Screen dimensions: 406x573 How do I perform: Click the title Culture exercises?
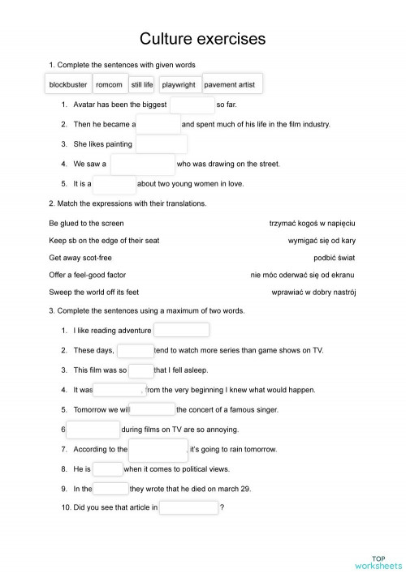[x=202, y=38]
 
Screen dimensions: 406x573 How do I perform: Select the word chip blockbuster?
[x=67, y=84]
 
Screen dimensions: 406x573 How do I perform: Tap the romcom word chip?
[x=109, y=84]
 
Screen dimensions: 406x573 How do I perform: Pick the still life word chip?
[x=142, y=84]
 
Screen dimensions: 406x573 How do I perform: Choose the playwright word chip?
[x=179, y=84]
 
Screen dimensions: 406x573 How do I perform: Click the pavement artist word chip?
[x=233, y=84]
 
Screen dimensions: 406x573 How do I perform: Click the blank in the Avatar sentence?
[x=192, y=105]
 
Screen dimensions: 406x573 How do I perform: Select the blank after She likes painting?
[x=162, y=144]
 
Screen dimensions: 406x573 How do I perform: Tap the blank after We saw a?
[x=142, y=165]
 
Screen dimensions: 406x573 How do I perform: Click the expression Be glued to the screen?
[x=86, y=222]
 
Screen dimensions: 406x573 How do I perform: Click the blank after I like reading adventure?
[x=181, y=330]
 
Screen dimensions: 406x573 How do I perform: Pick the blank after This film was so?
[x=141, y=370]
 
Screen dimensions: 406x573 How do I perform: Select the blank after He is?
[x=108, y=469]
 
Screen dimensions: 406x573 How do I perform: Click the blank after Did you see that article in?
[x=189, y=508]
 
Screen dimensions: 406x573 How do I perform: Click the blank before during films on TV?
[x=93, y=430]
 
